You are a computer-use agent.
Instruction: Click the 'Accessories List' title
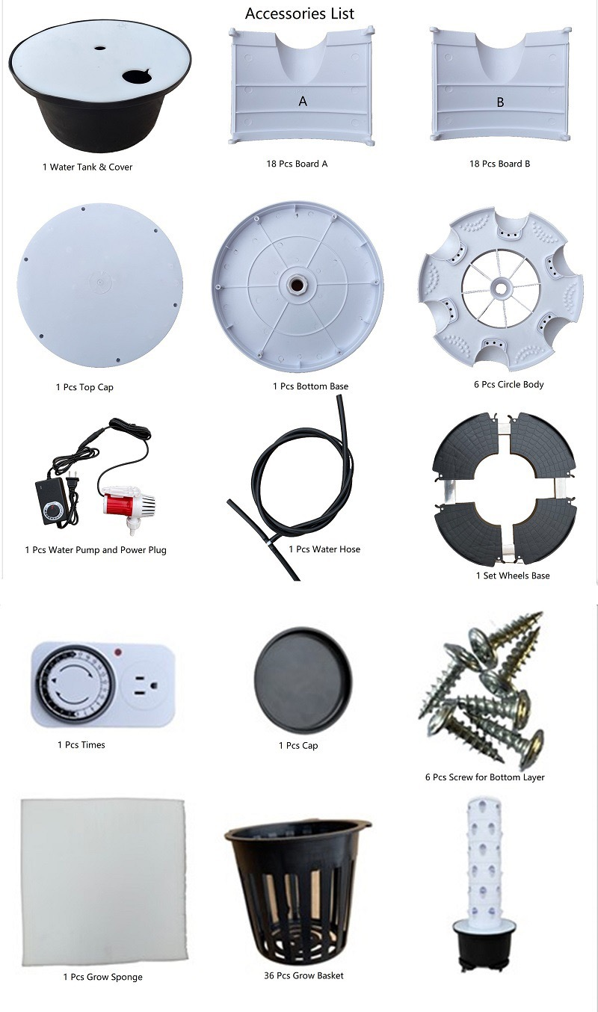tap(299, 13)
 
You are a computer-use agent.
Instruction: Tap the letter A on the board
tap(303, 101)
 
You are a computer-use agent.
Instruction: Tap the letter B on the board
tap(500, 102)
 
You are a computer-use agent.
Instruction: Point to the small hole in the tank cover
tap(99, 47)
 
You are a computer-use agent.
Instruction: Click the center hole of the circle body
tap(500, 286)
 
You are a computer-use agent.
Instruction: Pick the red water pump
tap(128, 504)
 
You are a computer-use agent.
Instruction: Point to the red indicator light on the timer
tap(118, 652)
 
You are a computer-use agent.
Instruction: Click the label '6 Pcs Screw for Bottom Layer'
tap(484, 777)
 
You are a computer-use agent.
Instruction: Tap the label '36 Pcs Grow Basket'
tap(303, 975)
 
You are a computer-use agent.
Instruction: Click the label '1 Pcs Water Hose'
tap(324, 549)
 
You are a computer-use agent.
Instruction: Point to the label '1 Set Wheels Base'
tap(513, 576)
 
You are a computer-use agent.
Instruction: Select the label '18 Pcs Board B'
tap(499, 164)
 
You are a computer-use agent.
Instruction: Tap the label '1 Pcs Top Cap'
tap(84, 387)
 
